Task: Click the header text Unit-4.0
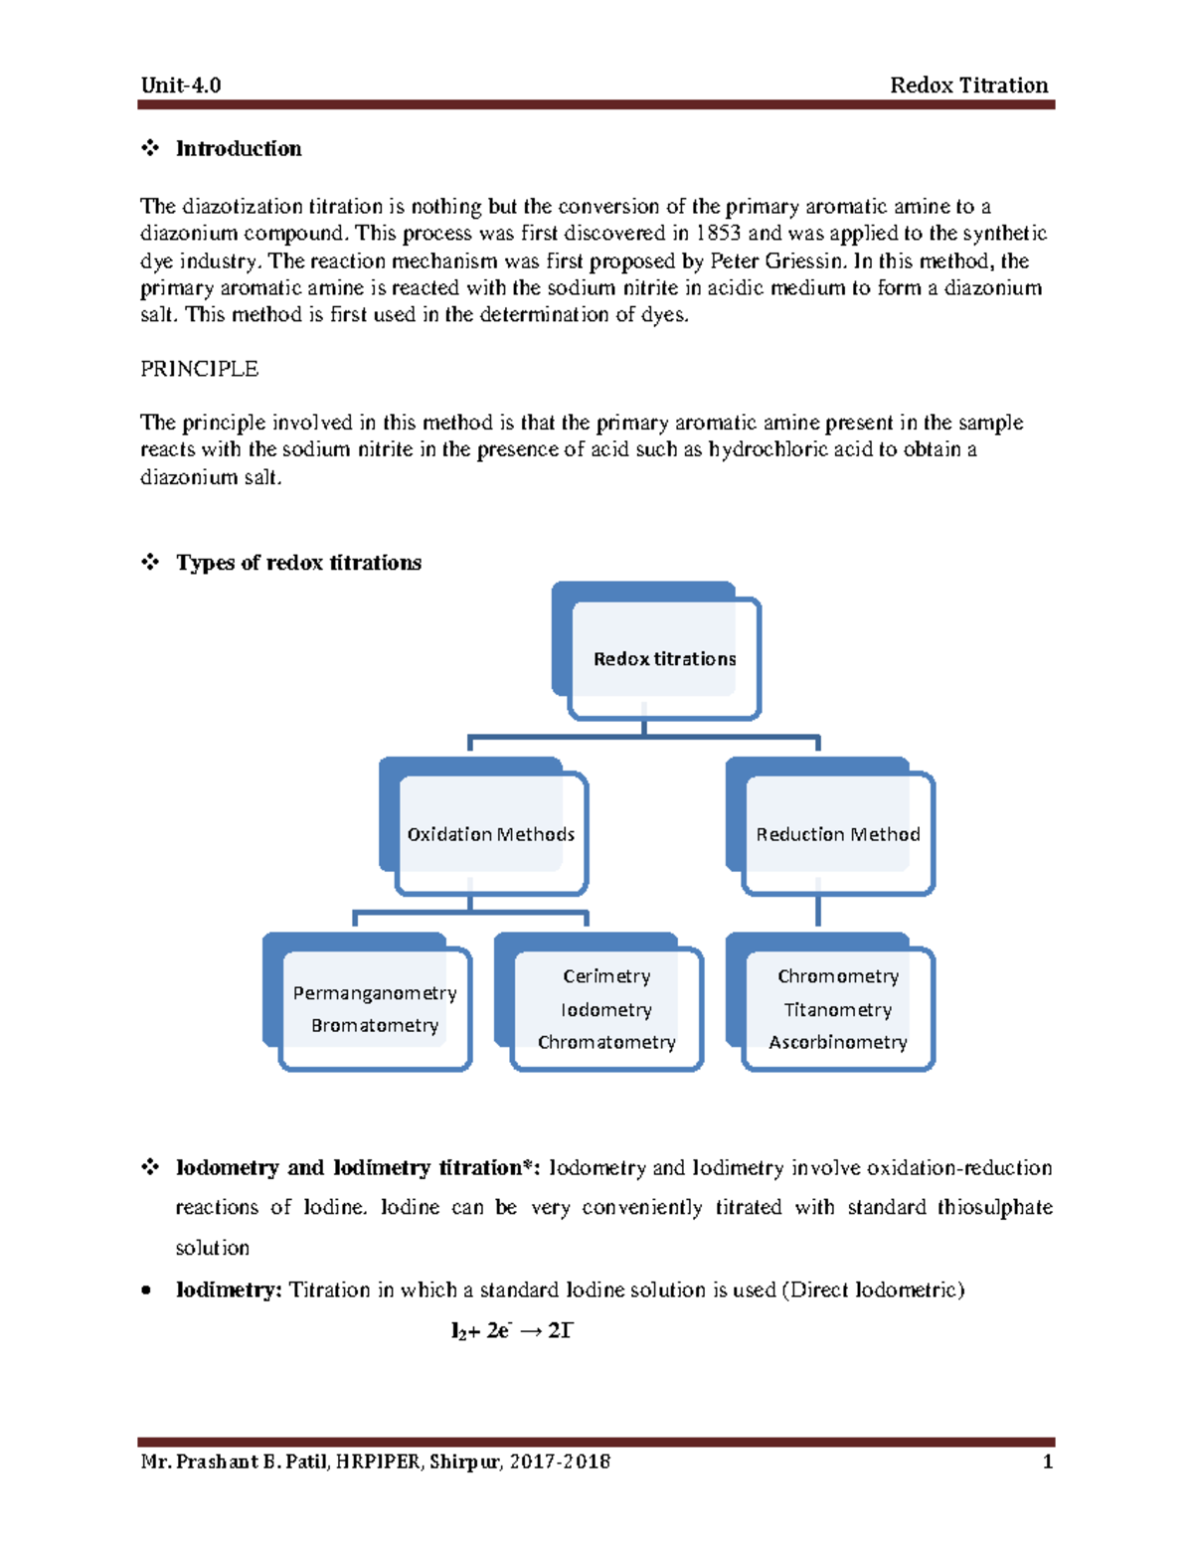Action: point(181,86)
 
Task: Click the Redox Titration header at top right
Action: point(968,86)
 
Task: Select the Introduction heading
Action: point(239,149)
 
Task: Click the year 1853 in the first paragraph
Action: point(718,234)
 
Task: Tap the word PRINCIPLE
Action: point(199,369)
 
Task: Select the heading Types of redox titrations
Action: point(298,563)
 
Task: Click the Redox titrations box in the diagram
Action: point(664,659)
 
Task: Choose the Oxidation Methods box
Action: point(490,834)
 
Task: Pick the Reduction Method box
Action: point(837,834)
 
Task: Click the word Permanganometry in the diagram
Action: point(375,993)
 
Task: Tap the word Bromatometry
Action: point(375,1025)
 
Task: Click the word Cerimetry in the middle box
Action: point(606,976)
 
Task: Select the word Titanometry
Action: point(837,1010)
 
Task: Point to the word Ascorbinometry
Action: point(837,1042)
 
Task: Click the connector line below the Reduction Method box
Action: point(818,910)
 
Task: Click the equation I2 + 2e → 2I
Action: point(512,1331)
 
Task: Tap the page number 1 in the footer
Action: point(1047,1461)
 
